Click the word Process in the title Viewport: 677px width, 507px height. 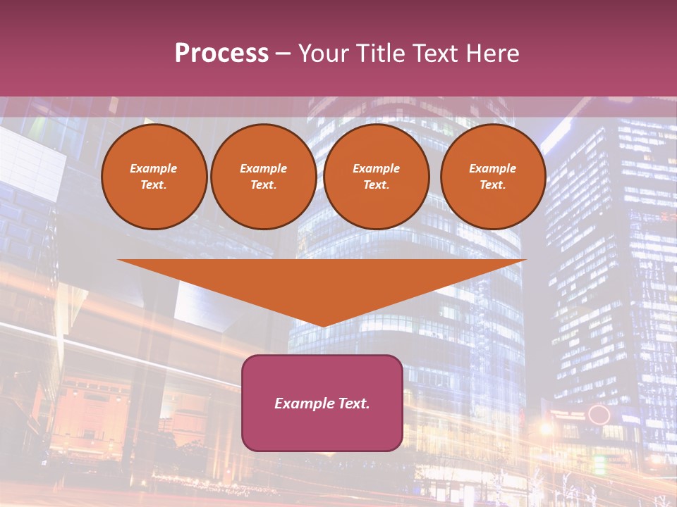point(221,54)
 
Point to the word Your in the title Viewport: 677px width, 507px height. point(323,54)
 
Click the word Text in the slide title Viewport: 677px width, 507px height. point(436,54)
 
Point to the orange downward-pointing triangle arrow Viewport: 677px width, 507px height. point(322,285)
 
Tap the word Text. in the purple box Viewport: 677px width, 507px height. point(353,403)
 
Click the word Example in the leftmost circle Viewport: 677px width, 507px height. point(154,168)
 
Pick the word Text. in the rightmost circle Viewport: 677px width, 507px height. point(492,184)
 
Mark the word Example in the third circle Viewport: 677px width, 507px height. point(376,168)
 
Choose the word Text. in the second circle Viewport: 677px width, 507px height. point(263,184)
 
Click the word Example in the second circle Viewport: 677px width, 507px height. point(263,168)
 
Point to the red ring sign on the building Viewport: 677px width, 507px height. point(599,414)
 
